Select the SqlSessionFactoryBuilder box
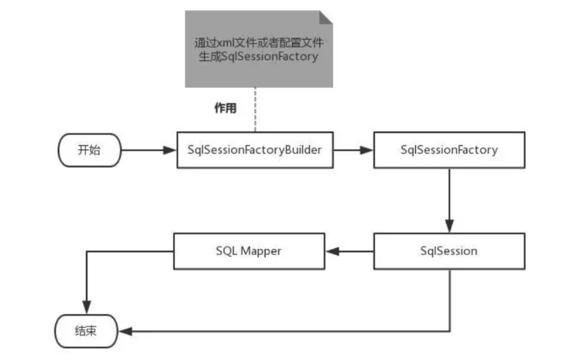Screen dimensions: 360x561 (255, 150)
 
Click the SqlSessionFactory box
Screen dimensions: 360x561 (449, 150)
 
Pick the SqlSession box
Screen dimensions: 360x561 (449, 252)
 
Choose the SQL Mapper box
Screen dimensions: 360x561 (249, 252)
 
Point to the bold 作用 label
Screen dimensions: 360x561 (225, 108)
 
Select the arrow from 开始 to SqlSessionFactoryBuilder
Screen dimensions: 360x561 (148, 150)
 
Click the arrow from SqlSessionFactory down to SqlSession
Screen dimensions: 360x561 (449, 200)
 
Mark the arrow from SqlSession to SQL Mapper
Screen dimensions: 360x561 (349, 252)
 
